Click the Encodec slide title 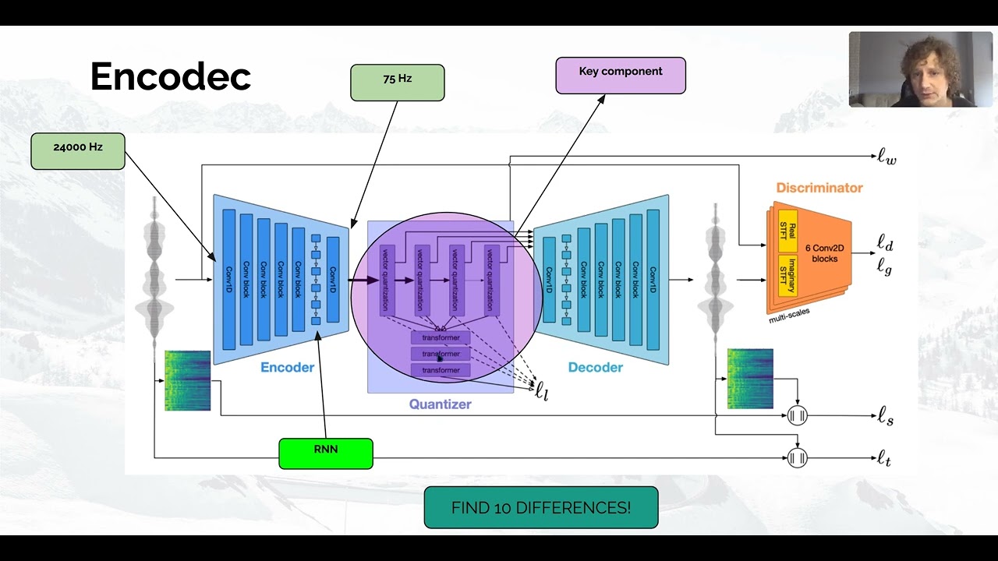[170, 76]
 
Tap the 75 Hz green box [397, 83]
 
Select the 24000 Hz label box [77, 150]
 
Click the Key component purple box [621, 75]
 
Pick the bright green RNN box [325, 453]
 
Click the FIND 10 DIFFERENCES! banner [540, 507]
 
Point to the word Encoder [287, 367]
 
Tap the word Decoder [595, 367]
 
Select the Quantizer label [440, 404]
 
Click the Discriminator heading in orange [819, 188]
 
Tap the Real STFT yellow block [787, 231]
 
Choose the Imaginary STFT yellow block [787, 274]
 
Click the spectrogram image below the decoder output [750, 379]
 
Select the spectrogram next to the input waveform [188, 380]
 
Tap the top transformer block [441, 338]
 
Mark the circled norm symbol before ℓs [797, 415]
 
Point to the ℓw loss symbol [887, 157]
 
